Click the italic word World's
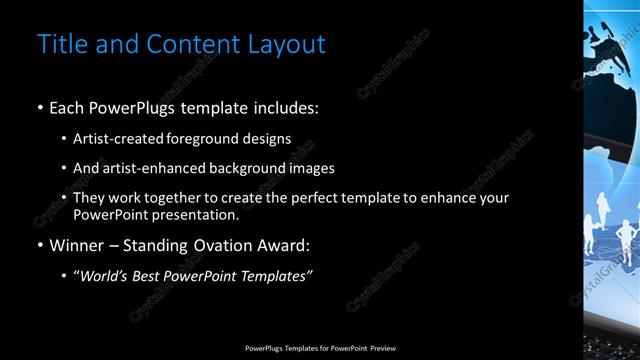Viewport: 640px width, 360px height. (x=104, y=276)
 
